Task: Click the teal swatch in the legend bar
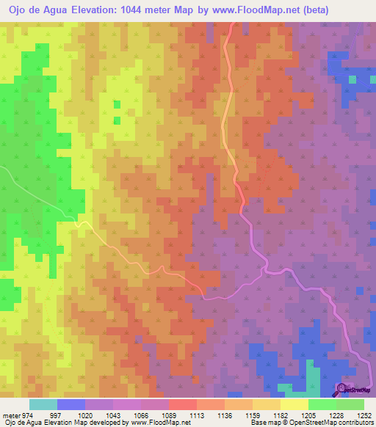pyautogui.click(x=43, y=404)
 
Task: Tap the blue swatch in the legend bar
pyautogui.click(x=71, y=404)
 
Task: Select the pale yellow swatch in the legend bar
pyautogui.click(x=294, y=404)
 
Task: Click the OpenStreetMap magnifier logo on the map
pyautogui.click(x=341, y=388)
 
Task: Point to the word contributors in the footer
pyautogui.click(x=352, y=423)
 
